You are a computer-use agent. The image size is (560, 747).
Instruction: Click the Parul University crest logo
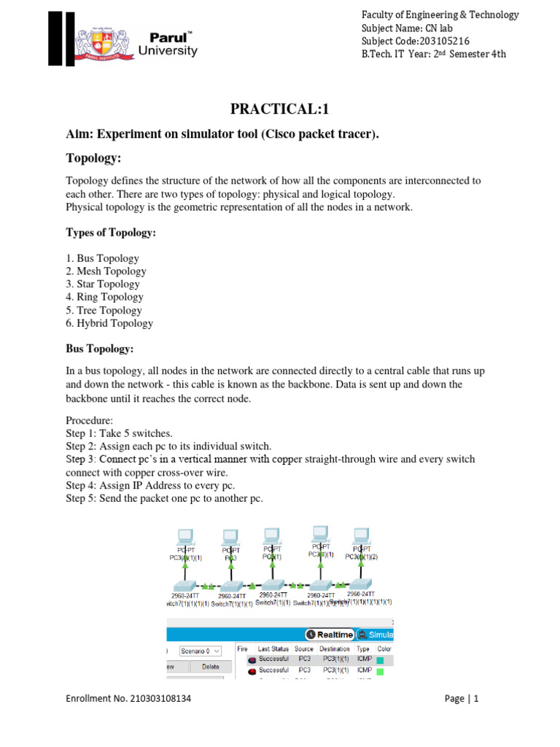106,43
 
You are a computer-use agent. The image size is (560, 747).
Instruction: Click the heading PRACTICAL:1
280,109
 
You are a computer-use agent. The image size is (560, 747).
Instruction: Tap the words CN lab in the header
437,28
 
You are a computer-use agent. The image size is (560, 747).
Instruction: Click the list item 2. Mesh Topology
106,271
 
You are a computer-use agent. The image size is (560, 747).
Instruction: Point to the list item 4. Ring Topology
105,297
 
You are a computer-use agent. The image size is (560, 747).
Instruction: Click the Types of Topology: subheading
111,233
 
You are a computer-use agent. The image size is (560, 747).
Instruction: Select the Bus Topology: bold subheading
100,349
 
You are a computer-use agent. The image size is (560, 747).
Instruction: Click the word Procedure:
90,421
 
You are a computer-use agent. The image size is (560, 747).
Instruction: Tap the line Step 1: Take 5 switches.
119,433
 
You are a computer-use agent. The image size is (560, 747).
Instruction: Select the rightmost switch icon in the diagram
359,584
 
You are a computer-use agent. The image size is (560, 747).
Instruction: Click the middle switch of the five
273,584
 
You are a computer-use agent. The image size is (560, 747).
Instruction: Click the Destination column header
334,649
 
